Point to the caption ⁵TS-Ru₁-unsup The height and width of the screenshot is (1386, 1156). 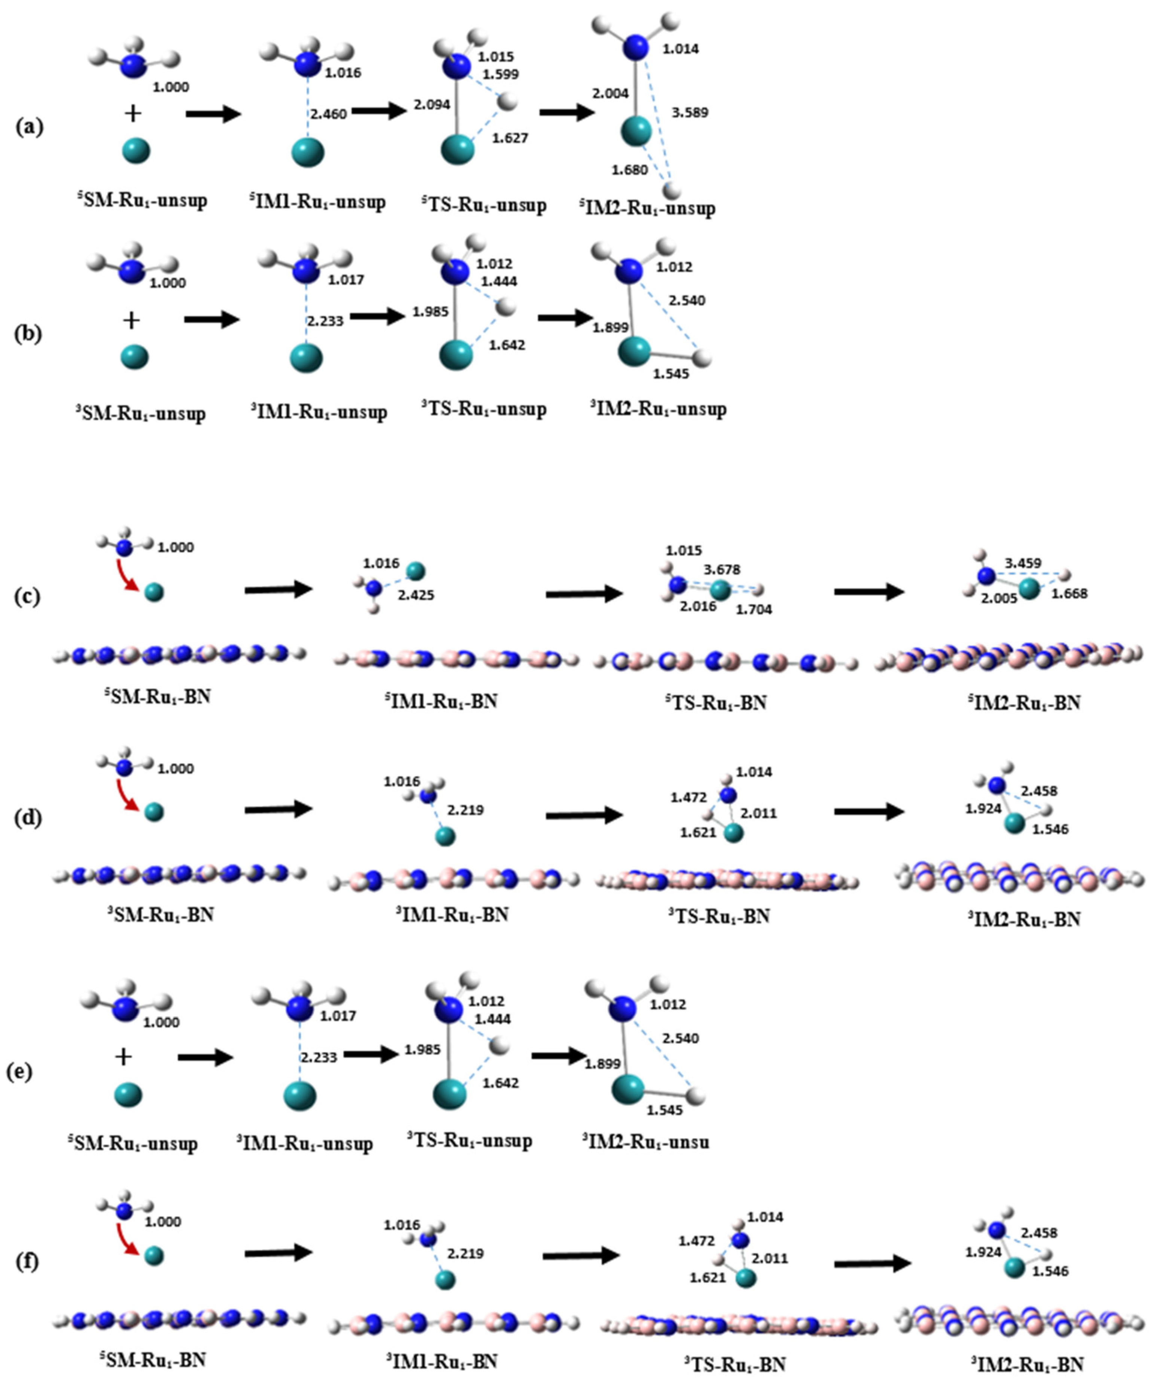(484, 205)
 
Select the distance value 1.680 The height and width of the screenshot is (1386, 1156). (629, 170)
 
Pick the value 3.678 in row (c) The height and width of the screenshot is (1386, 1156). (722, 569)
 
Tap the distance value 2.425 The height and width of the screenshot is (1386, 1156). (416, 595)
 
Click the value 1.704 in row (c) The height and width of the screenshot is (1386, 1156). (753, 609)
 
